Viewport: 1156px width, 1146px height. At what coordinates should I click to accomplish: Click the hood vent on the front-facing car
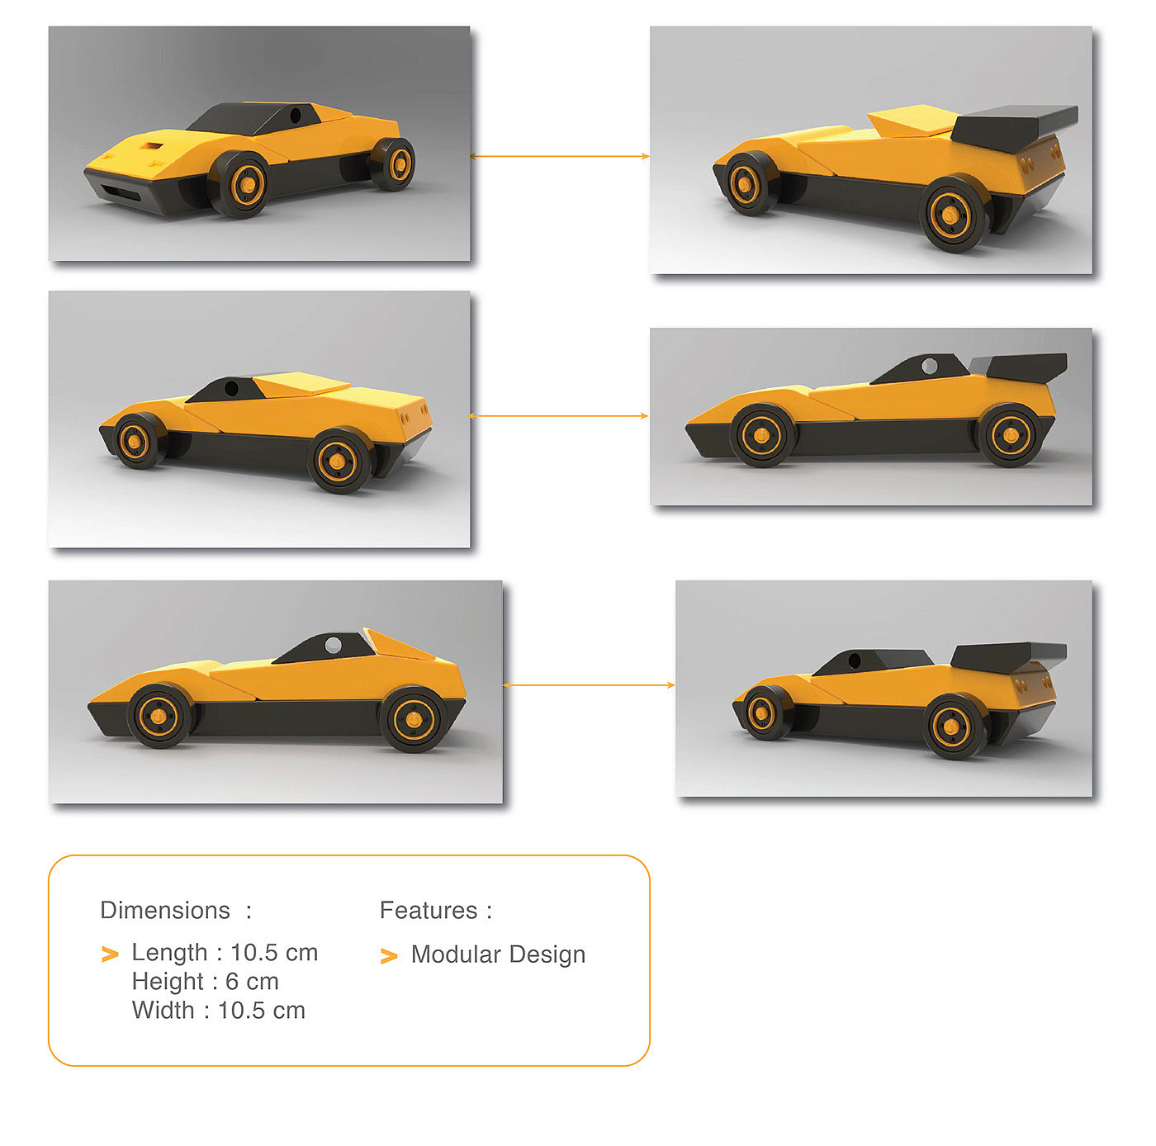pos(152,146)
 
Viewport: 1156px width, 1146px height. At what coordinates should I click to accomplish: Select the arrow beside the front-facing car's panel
pos(560,156)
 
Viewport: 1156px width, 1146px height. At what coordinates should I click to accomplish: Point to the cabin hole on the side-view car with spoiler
pos(929,365)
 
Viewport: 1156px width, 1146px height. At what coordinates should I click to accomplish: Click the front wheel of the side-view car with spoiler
pos(763,435)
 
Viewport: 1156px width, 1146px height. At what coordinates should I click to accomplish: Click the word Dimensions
pos(164,910)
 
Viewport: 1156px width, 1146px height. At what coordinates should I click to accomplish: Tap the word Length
pos(169,953)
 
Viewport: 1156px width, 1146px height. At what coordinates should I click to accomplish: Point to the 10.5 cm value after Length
pos(274,953)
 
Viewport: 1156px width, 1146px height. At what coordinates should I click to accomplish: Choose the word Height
pos(168,982)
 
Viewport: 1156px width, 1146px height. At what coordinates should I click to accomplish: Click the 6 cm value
pos(252,982)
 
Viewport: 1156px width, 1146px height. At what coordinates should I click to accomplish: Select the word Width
pos(163,1011)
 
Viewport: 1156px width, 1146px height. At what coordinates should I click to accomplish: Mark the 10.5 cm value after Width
pos(262,1011)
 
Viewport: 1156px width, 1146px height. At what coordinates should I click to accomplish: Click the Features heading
pos(429,910)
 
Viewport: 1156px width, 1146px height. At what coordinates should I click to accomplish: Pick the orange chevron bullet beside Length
pos(110,954)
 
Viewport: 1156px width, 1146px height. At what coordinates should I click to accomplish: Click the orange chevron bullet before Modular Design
pos(389,956)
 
